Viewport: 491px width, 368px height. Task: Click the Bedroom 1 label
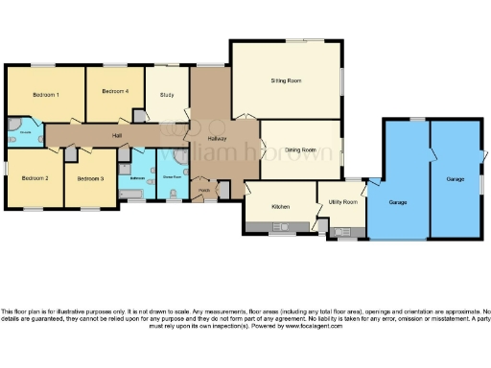pyautogui.click(x=46, y=95)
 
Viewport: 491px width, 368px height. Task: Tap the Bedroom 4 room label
pyautogui.click(x=114, y=91)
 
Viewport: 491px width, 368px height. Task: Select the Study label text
pyautogui.click(x=167, y=95)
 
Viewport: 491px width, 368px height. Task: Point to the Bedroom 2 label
pyautogui.click(x=35, y=178)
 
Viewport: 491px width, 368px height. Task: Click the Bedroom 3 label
pyautogui.click(x=90, y=178)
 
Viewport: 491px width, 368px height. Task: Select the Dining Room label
pyautogui.click(x=300, y=150)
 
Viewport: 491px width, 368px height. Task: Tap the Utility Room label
pyautogui.click(x=342, y=202)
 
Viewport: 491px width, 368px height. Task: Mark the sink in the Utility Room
pyautogui.click(x=343, y=231)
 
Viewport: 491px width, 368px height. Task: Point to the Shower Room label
pyautogui.click(x=173, y=176)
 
